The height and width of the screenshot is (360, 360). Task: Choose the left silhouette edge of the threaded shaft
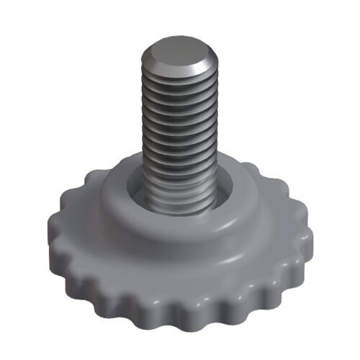143,130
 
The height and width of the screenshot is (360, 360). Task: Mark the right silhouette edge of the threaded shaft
215,130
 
